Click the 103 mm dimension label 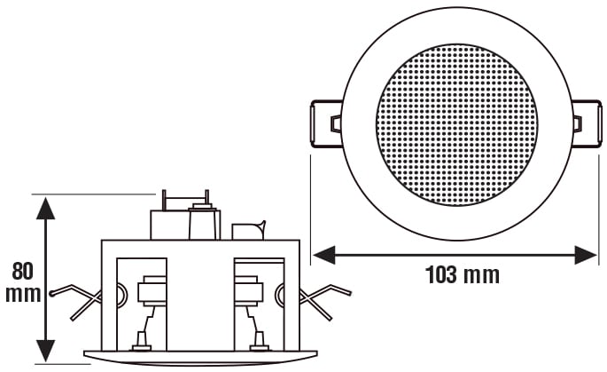[x=463, y=274]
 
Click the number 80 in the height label [x=23, y=271]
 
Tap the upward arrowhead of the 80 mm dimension [x=46, y=208]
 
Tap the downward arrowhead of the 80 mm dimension [x=46, y=352]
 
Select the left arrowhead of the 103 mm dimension [x=323, y=255]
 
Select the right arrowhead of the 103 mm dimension [x=586, y=255]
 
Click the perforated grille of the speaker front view [x=456, y=125]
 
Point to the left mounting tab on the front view [x=326, y=123]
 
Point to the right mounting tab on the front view [x=587, y=123]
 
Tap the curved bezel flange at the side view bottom [x=200, y=357]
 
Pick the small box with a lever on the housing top [x=248, y=231]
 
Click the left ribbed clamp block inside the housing [x=152, y=289]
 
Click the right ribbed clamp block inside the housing [x=248, y=289]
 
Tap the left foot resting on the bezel [x=142, y=342]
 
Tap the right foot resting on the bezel [x=260, y=342]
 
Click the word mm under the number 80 [x=23, y=294]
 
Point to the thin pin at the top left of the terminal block [x=164, y=200]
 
